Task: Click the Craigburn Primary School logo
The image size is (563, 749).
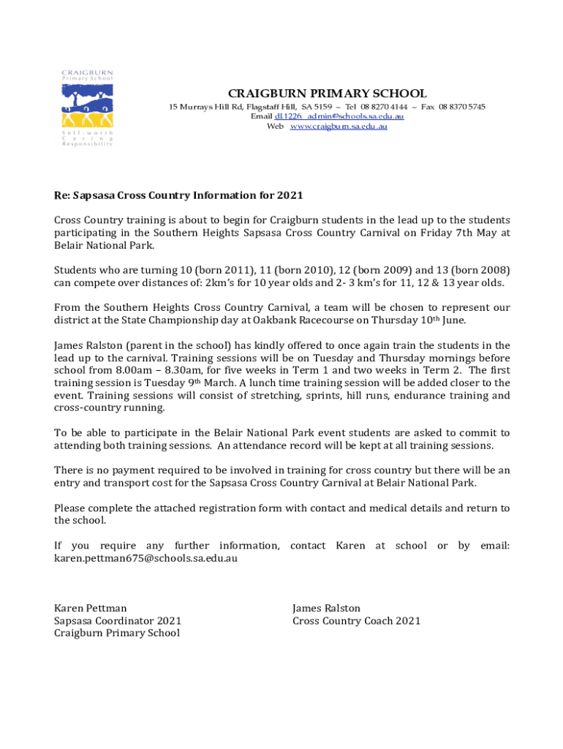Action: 87,108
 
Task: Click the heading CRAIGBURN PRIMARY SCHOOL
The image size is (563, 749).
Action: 328,94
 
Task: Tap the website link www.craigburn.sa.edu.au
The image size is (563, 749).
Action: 338,127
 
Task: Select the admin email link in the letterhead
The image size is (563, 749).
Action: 339,117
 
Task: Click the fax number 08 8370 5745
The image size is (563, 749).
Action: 461,107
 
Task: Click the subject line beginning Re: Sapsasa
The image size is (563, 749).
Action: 178,196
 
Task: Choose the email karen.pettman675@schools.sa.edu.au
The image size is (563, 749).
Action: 146,559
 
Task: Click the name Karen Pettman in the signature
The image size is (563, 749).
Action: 91,609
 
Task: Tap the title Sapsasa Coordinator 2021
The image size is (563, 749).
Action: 118,621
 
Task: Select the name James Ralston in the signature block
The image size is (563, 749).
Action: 326,609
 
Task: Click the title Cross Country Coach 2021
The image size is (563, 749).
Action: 356,621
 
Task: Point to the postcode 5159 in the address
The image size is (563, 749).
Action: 322,107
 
